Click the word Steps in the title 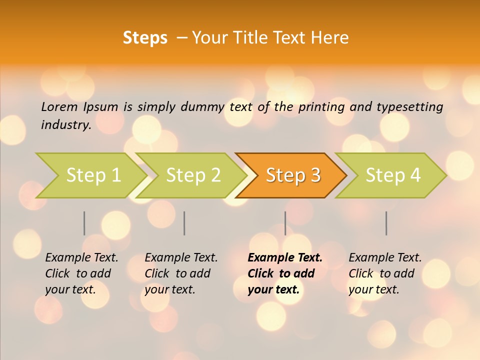tap(145, 38)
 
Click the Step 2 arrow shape tap(193, 175)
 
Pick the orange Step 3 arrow tap(293, 175)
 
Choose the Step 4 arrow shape tap(393, 175)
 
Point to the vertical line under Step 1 tap(84, 223)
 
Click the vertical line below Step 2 tap(184, 223)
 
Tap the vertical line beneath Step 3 tap(285, 223)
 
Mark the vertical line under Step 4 tap(386, 223)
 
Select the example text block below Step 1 tap(81, 273)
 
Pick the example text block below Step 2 tap(181, 273)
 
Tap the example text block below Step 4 tap(385, 273)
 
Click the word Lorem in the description tap(59, 106)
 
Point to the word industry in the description tap(66, 124)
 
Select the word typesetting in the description tap(409, 106)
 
